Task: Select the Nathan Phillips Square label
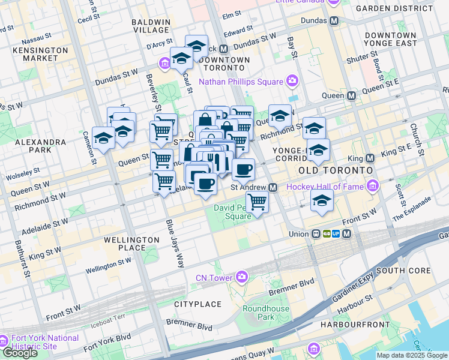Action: point(240,81)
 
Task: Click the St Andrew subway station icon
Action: point(273,187)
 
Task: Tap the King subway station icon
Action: point(370,158)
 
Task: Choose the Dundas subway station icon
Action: point(335,20)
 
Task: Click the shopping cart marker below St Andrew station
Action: point(257,202)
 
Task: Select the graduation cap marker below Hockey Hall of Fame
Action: point(322,202)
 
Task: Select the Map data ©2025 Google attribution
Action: point(412,355)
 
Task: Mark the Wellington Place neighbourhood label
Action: point(132,244)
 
